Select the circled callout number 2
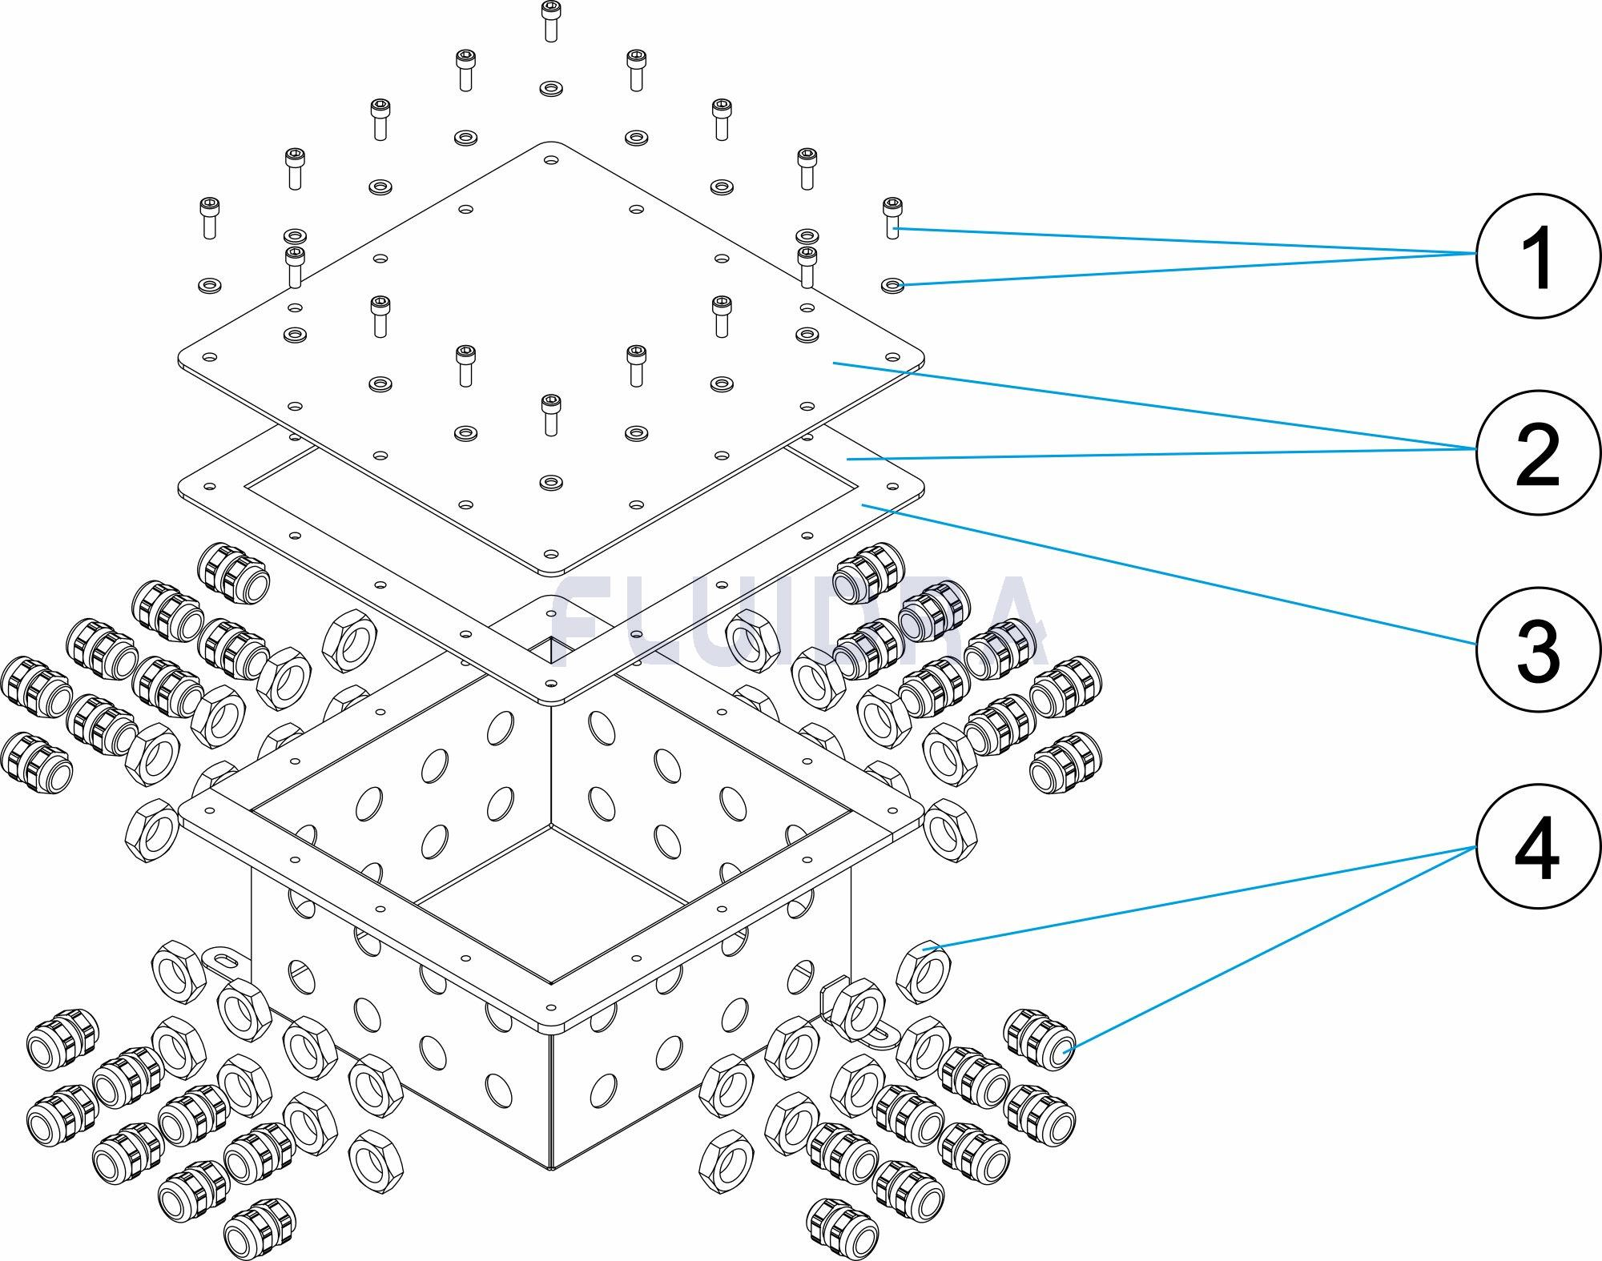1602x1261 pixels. click(x=1537, y=452)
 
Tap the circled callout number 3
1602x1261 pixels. click(x=1537, y=650)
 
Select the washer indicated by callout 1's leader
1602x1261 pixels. click(x=892, y=284)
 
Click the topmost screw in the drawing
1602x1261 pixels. click(x=549, y=20)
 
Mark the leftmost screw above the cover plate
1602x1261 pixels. click(x=208, y=217)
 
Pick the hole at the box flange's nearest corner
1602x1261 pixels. click(x=549, y=1007)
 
